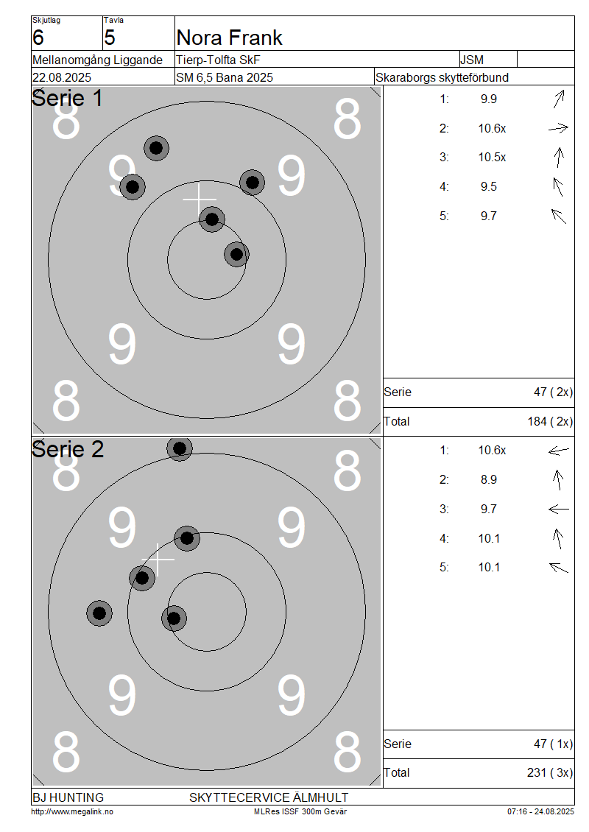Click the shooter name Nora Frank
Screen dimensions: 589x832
pos(229,38)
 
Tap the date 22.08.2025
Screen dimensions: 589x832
pos(62,77)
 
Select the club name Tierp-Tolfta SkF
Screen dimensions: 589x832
pos(218,60)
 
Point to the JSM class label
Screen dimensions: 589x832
pos(472,60)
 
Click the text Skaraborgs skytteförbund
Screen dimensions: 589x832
pos(442,77)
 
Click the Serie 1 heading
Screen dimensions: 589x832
pos(67,98)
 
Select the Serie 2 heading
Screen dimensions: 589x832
pos(68,449)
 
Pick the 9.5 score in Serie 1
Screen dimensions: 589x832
pos(489,187)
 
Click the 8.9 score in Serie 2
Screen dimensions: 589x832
pos(489,479)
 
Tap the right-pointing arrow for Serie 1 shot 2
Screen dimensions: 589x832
pos(558,128)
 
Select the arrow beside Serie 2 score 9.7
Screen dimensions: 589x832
pos(558,509)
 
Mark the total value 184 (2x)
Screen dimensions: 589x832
pos(550,421)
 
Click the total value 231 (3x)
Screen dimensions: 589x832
pos(550,772)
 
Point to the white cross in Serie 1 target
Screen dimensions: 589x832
pos(199,200)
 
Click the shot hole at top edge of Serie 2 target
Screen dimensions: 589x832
pos(180,448)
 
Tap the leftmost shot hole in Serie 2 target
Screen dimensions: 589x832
pos(99,613)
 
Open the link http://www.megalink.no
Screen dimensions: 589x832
pos(72,811)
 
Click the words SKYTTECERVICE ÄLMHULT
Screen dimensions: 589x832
pos(269,797)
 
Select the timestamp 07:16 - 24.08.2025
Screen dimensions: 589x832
pos(540,811)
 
